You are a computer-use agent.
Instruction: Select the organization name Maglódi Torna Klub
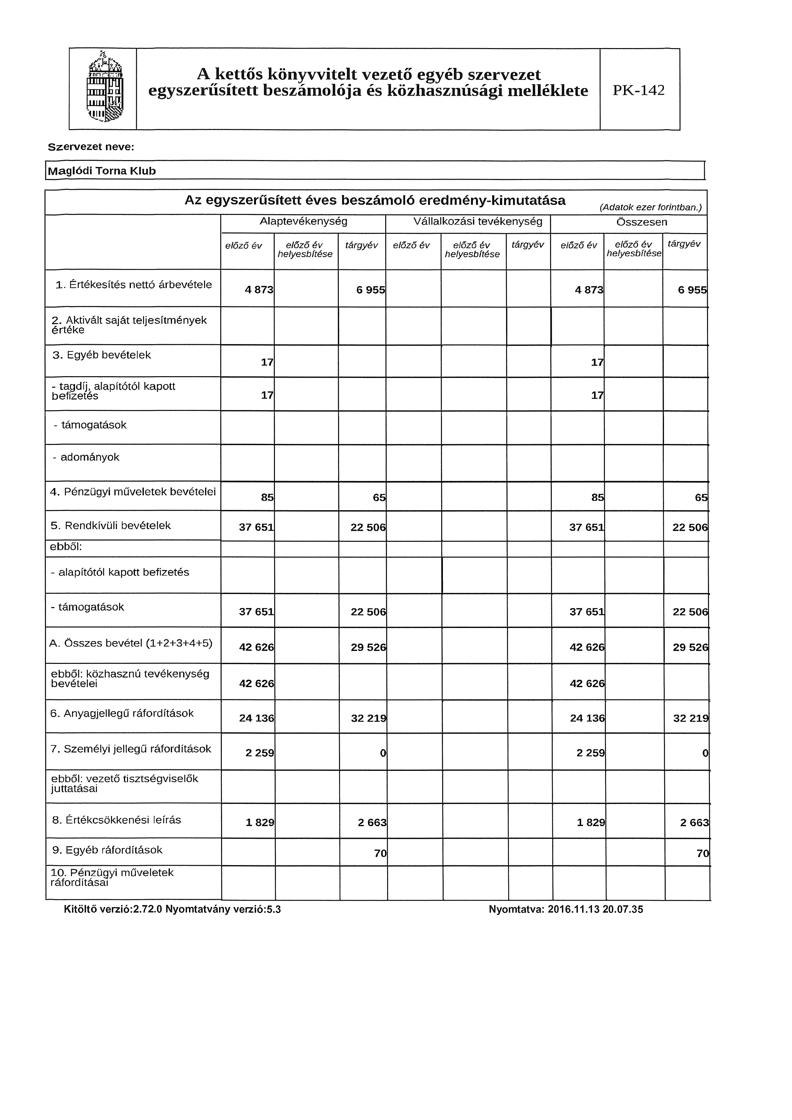(101, 171)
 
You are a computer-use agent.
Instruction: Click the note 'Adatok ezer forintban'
(650, 207)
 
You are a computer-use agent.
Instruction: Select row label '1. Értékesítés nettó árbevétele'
(134, 285)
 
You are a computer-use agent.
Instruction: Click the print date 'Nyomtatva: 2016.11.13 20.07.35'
(566, 909)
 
